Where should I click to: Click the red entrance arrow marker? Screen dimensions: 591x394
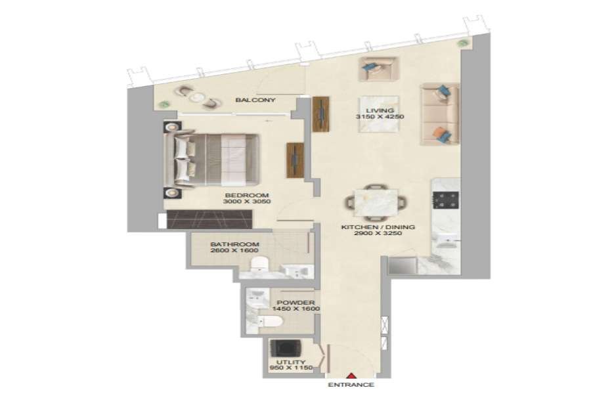[351, 375]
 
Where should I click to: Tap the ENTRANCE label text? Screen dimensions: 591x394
[351, 385]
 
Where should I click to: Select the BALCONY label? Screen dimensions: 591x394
[255, 100]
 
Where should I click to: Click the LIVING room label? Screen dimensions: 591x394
[380, 110]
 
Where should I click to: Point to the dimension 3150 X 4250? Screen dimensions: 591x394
[380, 117]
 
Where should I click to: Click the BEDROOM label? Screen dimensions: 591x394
[247, 195]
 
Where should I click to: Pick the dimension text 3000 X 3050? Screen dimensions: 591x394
[247, 202]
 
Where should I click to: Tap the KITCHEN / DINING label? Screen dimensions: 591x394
[378, 227]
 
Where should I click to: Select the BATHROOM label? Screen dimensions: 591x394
[234, 244]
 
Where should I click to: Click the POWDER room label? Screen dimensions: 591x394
[296, 302]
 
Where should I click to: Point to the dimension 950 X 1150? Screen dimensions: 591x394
[292, 368]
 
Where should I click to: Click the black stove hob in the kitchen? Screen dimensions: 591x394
[446, 200]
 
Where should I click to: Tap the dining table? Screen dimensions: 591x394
[376, 203]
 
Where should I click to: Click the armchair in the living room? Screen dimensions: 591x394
[378, 69]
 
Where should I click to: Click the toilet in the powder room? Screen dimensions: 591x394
[270, 321]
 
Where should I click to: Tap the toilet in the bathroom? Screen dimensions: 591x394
[259, 264]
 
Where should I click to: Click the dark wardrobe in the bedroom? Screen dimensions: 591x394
[209, 219]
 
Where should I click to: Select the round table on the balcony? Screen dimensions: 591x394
[196, 97]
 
